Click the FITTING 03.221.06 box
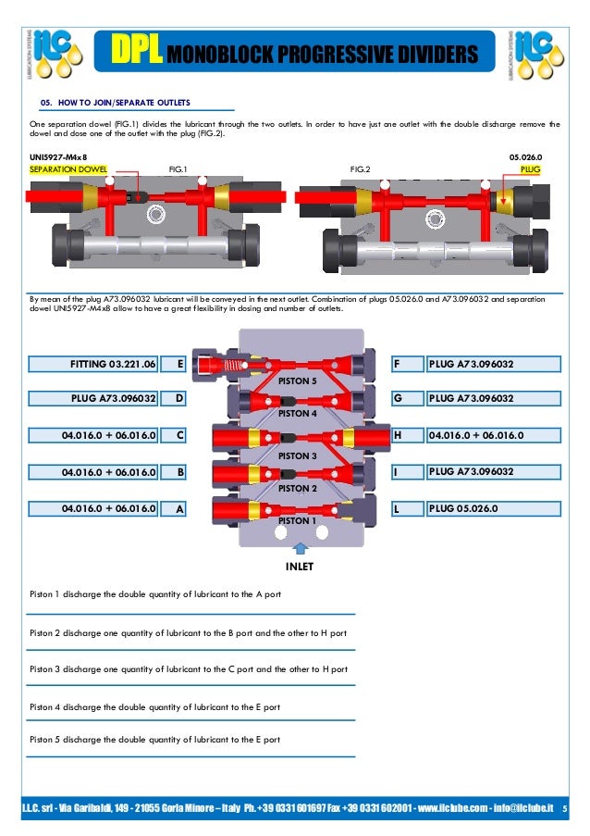[x=93, y=364]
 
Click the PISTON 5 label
[x=298, y=381]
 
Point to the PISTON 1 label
[x=298, y=521]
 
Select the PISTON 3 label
[x=298, y=456]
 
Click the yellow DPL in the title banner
[x=135, y=54]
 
